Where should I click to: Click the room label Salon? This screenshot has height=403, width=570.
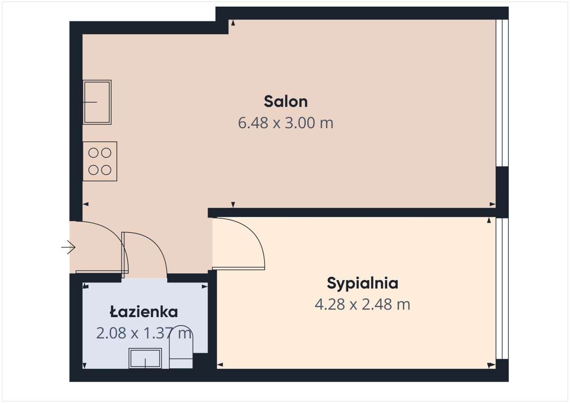[x=285, y=102]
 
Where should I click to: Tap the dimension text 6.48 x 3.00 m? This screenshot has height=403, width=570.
[x=285, y=123]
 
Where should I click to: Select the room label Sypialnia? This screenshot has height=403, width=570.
[x=362, y=283]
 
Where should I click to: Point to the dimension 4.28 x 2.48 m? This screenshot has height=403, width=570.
[x=362, y=304]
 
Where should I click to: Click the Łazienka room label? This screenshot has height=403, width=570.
[x=143, y=312]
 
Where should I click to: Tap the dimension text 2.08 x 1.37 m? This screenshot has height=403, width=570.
[x=143, y=333]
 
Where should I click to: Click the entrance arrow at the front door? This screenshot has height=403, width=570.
[x=68, y=247]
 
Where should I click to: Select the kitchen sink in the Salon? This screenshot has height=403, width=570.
[x=97, y=102]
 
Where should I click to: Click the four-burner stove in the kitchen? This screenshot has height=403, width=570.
[x=100, y=161]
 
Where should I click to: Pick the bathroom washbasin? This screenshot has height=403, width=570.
[x=145, y=358]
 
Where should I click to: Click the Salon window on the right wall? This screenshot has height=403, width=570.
[x=502, y=93]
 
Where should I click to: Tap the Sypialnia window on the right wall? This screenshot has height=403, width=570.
[x=502, y=288]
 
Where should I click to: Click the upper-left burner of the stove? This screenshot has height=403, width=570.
[x=94, y=153]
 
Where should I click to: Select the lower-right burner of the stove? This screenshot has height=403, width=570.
[x=106, y=169]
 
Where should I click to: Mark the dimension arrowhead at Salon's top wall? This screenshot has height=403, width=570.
[x=233, y=22]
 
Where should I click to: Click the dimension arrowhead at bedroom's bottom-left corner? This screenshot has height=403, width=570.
[x=220, y=365]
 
